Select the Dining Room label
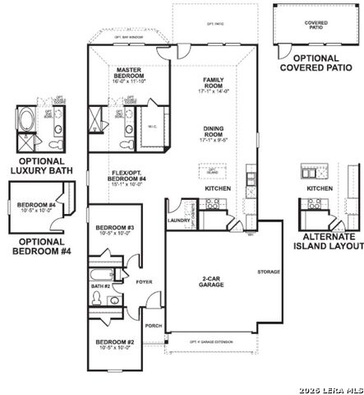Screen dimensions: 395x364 coord(214,132)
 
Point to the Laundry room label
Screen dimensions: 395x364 coord(178,221)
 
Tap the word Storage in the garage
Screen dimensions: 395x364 coord(268,272)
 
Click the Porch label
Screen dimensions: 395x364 coord(153,326)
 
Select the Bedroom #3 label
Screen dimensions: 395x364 coord(114,228)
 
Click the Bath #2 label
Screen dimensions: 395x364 coord(101,286)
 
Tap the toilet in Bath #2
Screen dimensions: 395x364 coord(98,301)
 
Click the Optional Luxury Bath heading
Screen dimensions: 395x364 coord(41,165)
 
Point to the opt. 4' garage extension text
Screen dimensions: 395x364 coord(212,341)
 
